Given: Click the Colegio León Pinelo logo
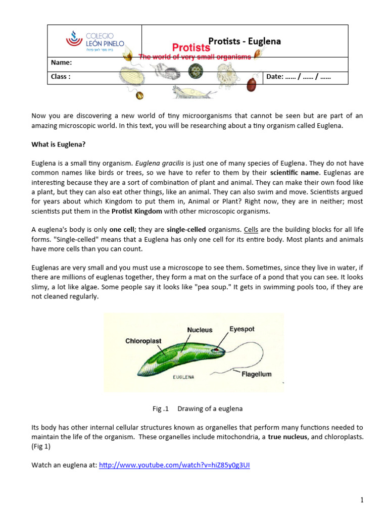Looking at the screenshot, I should (x=95, y=41).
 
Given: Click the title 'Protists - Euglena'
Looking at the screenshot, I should (x=245, y=41).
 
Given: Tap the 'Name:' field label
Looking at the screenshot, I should (x=62, y=63).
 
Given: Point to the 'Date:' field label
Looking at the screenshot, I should (x=275, y=77).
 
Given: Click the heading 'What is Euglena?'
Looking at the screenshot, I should (x=59, y=144).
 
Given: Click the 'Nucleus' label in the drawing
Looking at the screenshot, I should (x=200, y=330).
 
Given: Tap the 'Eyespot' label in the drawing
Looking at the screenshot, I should (x=242, y=329).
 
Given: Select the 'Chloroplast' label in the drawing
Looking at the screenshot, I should (x=143, y=341).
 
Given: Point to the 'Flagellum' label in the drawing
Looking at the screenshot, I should (x=256, y=374).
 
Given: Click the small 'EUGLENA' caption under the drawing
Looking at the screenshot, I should (x=184, y=377).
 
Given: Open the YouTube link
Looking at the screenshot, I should (x=174, y=465).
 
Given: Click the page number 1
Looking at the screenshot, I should (x=362, y=500).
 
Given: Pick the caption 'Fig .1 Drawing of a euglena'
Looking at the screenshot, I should (x=193, y=408).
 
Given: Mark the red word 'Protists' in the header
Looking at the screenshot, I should (x=191, y=47).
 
